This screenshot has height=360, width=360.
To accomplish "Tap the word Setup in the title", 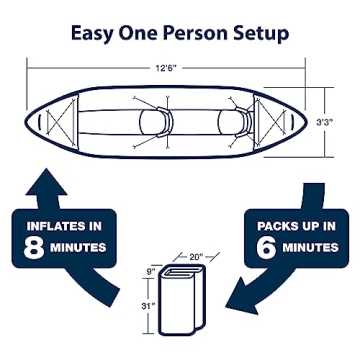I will [x=260, y=33].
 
